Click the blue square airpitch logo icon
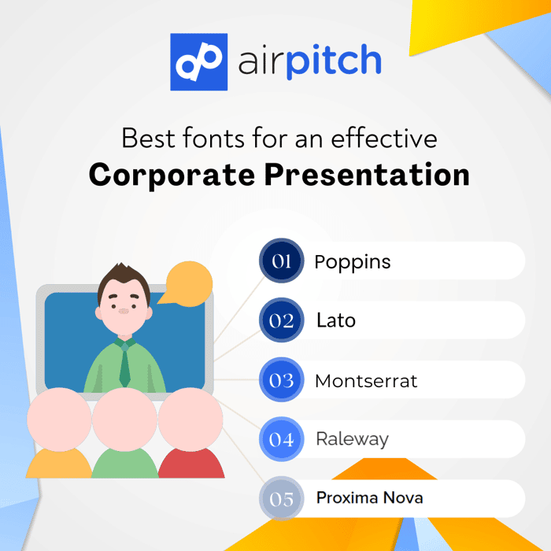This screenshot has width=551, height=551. pyautogui.click(x=199, y=62)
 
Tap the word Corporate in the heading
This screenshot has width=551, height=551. pyautogui.click(x=172, y=175)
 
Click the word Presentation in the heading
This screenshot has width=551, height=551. pyautogui.click(x=367, y=174)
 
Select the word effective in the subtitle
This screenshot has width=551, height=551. pyautogui.click(x=384, y=138)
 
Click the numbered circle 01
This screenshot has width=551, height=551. pyautogui.click(x=282, y=261)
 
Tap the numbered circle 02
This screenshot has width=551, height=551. pyautogui.click(x=282, y=320)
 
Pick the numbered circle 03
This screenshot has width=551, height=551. pyautogui.click(x=282, y=379)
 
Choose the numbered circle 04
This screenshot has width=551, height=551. pyautogui.click(x=282, y=439)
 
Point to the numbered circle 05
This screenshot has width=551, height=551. pyautogui.click(x=282, y=498)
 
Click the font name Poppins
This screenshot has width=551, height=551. pyautogui.click(x=353, y=262)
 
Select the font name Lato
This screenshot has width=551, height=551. pyautogui.click(x=336, y=320)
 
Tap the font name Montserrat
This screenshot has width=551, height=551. pyautogui.click(x=366, y=380)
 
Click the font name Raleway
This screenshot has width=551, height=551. pyautogui.click(x=353, y=439)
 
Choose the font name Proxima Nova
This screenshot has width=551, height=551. pyautogui.click(x=370, y=497)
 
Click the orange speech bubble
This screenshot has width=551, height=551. pyautogui.click(x=187, y=283)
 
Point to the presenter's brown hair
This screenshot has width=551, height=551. pyautogui.click(x=124, y=278)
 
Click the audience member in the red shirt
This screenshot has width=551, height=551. pyautogui.click(x=190, y=433)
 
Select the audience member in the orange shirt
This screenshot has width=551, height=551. pyautogui.click(x=59, y=433)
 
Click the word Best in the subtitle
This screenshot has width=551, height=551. pyautogui.click(x=148, y=138)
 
